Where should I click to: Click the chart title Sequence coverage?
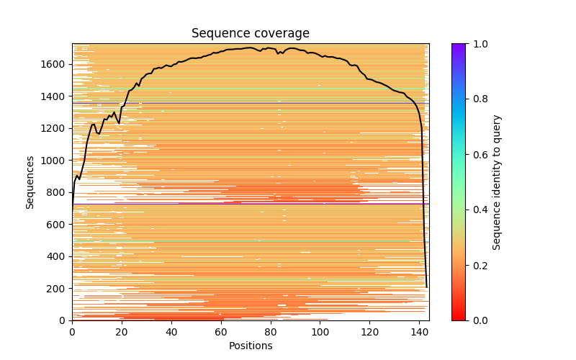click(x=251, y=33)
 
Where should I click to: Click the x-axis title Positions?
click(x=251, y=346)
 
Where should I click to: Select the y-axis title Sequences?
click(x=30, y=182)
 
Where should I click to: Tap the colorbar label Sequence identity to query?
click(x=497, y=182)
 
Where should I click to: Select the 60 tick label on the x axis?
click(x=221, y=332)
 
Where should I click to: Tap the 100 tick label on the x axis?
click(x=320, y=332)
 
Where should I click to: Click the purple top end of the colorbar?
click(x=459, y=45)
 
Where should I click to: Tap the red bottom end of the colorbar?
click(x=459, y=318)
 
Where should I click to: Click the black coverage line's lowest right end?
click(x=426, y=287)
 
